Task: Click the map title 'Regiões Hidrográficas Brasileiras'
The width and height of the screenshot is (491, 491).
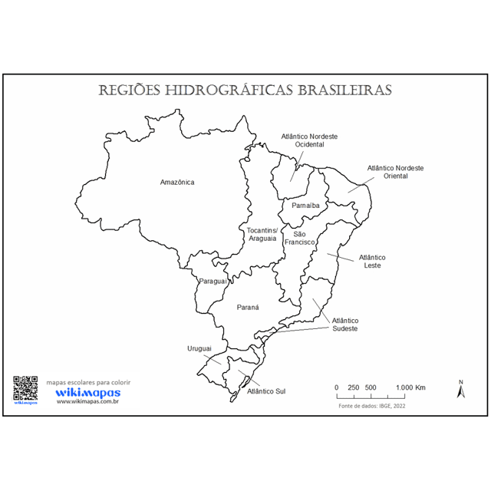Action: [x=245, y=91]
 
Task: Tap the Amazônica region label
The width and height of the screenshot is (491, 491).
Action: [x=177, y=183]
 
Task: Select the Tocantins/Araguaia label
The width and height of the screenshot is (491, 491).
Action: [x=262, y=234]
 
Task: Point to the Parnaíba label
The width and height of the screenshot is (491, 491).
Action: [x=305, y=206]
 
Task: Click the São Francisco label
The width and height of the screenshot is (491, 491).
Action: [x=300, y=238]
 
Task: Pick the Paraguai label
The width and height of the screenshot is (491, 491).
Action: [x=213, y=282]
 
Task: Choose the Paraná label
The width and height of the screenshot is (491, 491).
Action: [x=247, y=307]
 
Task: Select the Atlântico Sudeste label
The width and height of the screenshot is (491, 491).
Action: [x=345, y=325]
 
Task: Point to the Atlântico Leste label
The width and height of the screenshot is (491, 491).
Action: [x=372, y=262]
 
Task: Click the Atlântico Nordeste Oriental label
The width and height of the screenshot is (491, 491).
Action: [x=396, y=172]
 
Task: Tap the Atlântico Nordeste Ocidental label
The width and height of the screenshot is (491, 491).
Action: [x=310, y=140]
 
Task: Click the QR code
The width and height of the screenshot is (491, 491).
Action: [x=25, y=387]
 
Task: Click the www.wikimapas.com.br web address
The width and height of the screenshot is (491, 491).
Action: [x=87, y=401]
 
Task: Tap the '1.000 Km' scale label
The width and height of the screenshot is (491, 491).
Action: [x=411, y=387]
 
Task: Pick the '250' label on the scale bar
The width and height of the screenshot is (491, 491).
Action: [x=354, y=387]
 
